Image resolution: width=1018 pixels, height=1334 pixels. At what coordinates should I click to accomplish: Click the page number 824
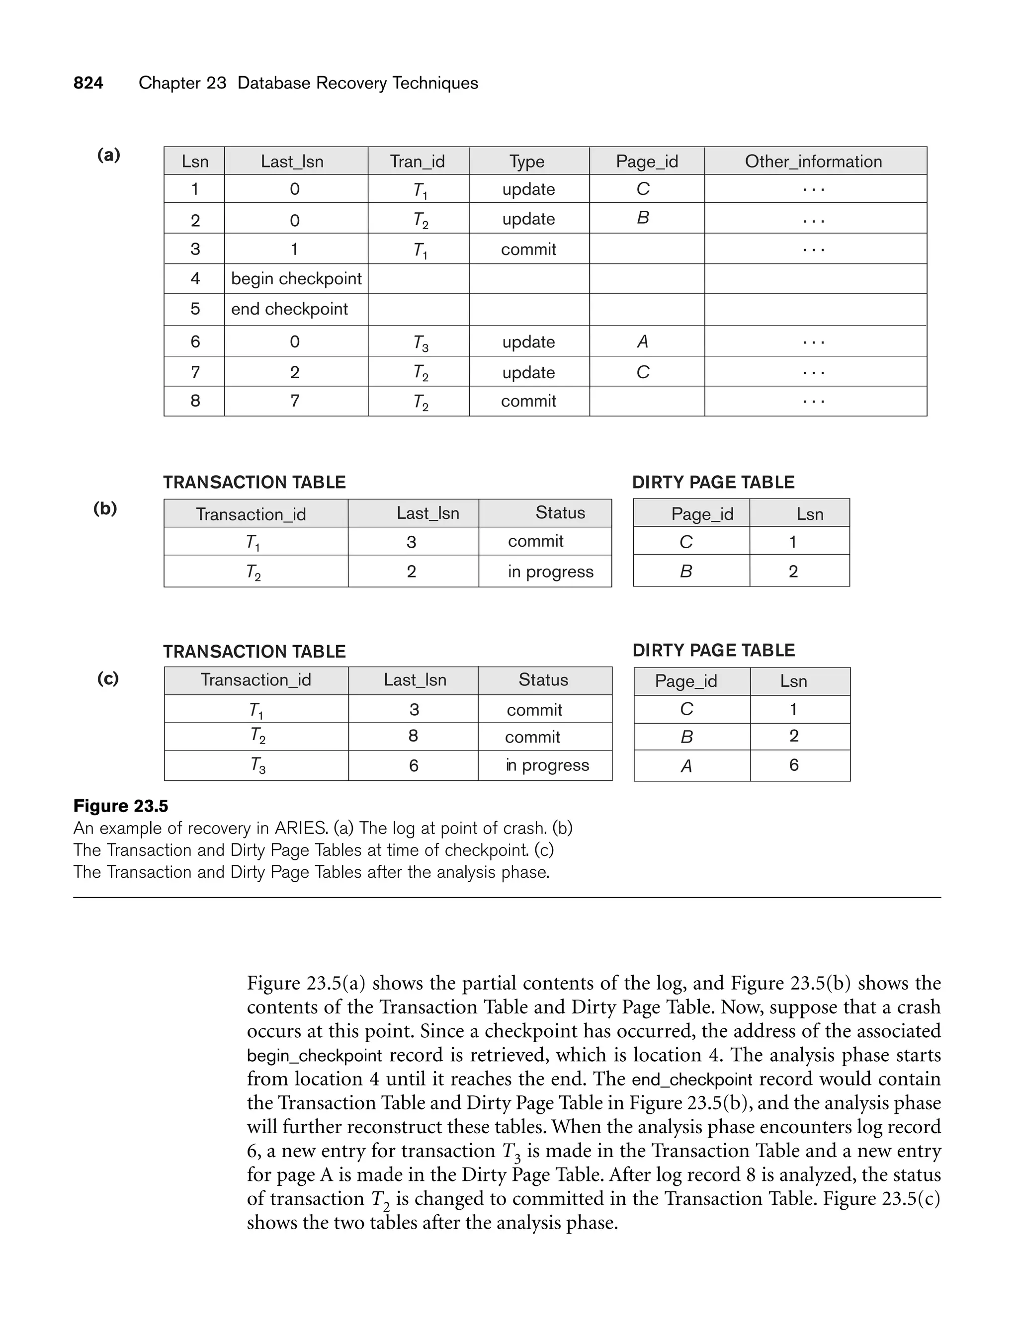point(88,83)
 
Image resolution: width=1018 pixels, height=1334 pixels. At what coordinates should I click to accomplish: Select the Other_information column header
point(813,161)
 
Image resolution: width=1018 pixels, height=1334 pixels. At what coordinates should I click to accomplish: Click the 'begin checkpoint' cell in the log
point(296,279)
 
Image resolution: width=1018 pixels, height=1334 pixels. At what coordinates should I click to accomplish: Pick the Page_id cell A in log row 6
point(643,341)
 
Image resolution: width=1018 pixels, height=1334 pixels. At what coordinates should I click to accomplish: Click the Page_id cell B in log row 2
point(643,218)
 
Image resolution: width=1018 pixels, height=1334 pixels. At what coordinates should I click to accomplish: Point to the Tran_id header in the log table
point(417,161)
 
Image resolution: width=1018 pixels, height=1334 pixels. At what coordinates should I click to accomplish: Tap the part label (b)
point(105,508)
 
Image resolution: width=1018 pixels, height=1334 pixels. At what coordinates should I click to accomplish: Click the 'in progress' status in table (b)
point(550,571)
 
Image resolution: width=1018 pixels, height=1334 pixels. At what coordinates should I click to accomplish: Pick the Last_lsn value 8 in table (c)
point(413,736)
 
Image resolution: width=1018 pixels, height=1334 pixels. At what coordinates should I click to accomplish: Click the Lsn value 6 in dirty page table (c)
point(793,765)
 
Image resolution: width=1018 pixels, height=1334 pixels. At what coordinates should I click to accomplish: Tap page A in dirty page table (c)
point(686,766)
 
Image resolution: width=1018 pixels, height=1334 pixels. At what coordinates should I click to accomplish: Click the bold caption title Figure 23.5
point(121,806)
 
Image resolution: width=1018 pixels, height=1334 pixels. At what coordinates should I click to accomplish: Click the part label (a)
point(108,155)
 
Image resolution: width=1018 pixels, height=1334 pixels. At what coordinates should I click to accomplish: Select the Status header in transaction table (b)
point(560,513)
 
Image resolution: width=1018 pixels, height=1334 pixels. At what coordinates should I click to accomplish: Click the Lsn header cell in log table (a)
point(194,161)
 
